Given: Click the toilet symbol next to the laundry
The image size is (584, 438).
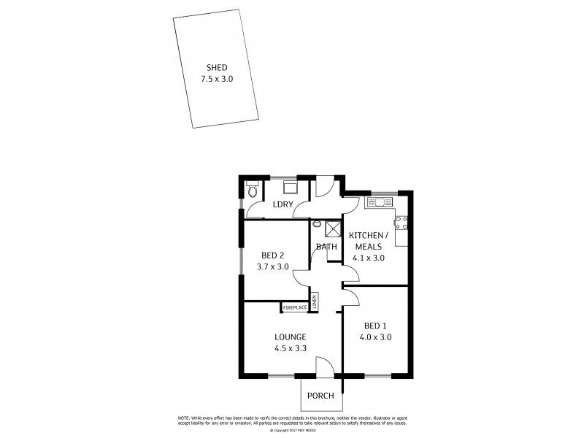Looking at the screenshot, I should point(252,191).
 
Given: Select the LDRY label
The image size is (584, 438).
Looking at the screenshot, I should point(283,204).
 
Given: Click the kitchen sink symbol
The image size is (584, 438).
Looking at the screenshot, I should point(379,201).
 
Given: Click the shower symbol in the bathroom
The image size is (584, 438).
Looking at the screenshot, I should point(333,228).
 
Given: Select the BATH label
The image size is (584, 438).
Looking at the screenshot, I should point(326,247).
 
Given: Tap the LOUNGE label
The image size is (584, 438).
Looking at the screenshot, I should point(290,337).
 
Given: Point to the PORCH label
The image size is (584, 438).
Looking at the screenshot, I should point(320,396).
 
